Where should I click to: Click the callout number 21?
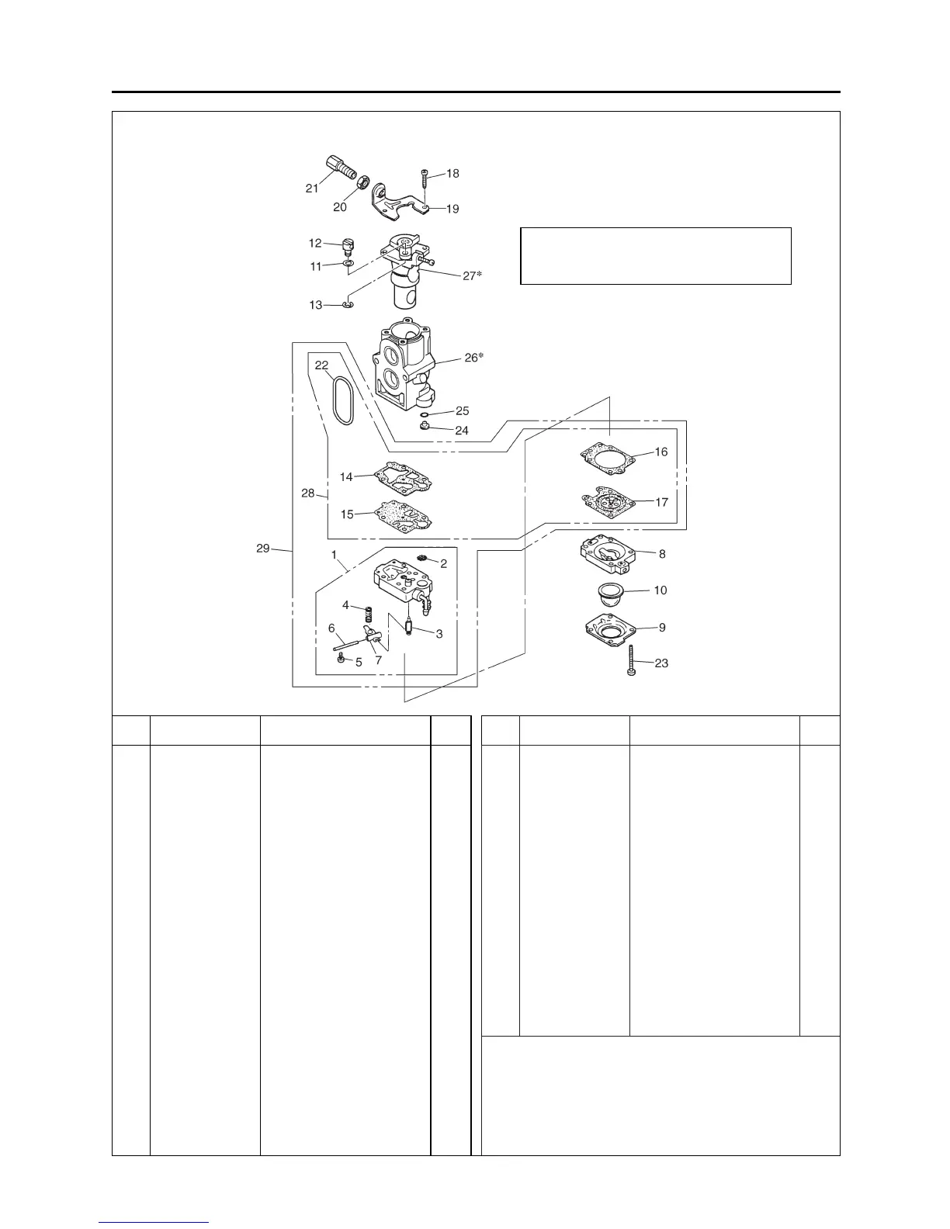[312, 189]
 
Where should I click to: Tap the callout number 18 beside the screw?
[452, 173]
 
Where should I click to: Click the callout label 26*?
[473, 357]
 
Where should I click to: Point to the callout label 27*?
[472, 275]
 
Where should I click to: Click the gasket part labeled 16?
[608, 459]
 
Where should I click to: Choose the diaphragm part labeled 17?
[610, 500]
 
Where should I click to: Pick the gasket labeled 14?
[402, 479]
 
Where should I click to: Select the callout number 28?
[308, 493]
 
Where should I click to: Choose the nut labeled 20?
[361, 182]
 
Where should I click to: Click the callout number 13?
[316, 305]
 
